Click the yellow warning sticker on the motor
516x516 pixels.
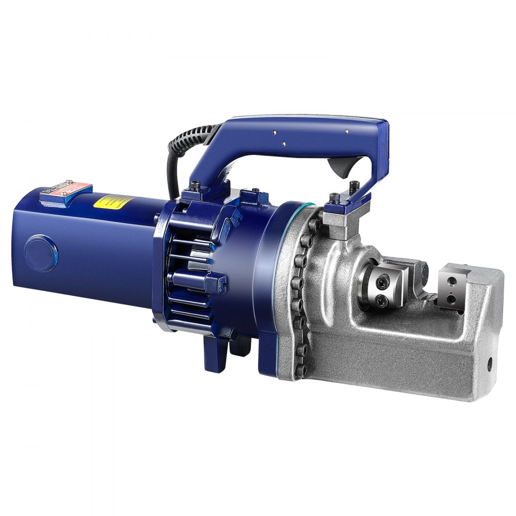pyautogui.click(x=117, y=202)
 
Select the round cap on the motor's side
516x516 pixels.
pyautogui.click(x=41, y=251)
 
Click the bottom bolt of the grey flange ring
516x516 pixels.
pyautogui.click(x=301, y=369)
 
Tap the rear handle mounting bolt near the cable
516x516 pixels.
pyautogui.click(x=196, y=185)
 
